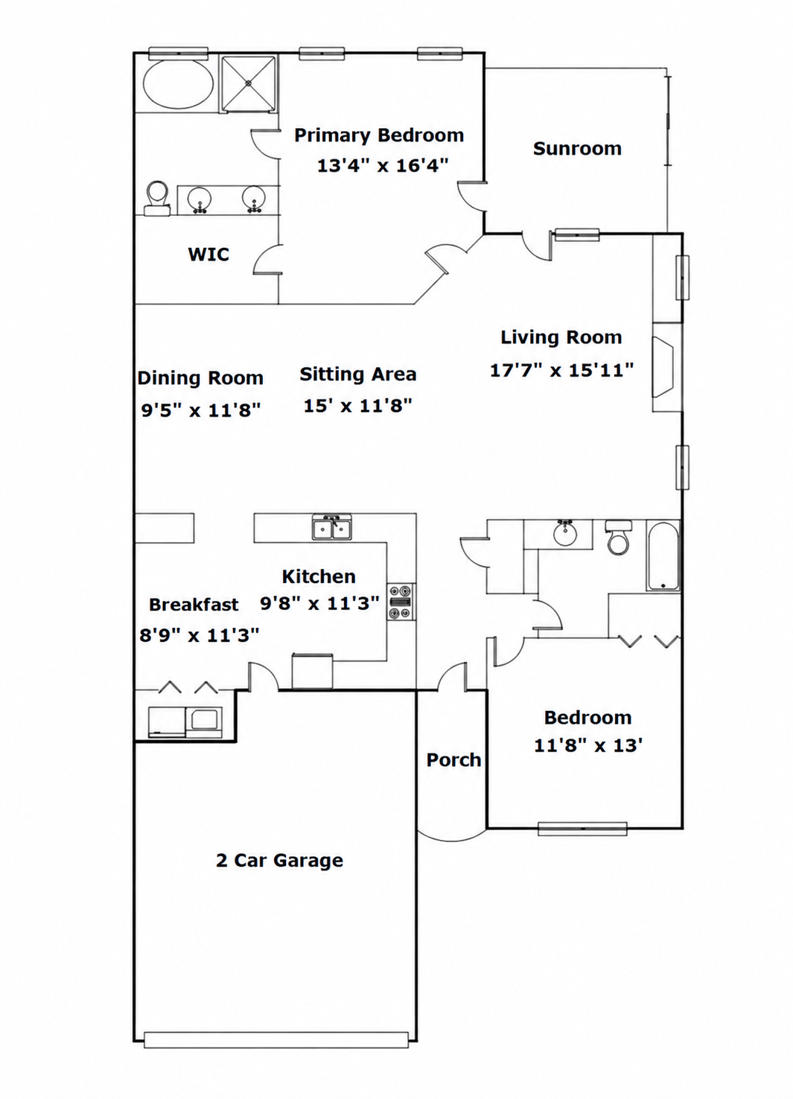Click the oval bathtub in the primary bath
click(x=178, y=84)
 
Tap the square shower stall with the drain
click(x=248, y=84)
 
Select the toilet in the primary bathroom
click(x=158, y=198)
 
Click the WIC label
click(x=208, y=254)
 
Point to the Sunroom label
click(x=577, y=149)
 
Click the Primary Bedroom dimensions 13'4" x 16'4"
click(x=383, y=166)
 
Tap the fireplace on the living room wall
click(x=663, y=366)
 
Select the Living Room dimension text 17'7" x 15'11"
click(x=562, y=370)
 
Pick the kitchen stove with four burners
click(x=401, y=602)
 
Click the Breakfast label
click(x=194, y=605)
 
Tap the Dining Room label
click(x=200, y=378)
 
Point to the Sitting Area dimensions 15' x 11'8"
click(x=357, y=406)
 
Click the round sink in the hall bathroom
click(x=566, y=533)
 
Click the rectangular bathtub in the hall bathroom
click(x=663, y=555)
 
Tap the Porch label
click(x=453, y=760)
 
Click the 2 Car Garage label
click(x=280, y=861)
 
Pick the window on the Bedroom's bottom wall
click(x=582, y=829)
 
